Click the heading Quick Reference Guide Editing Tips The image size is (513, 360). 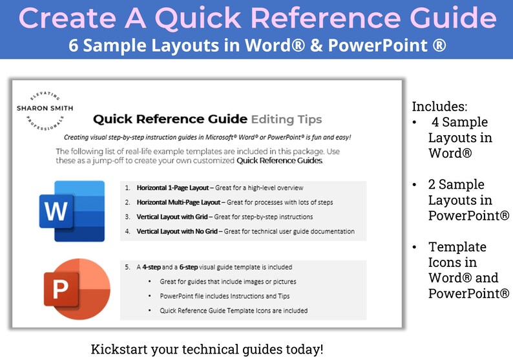pyautogui.click(x=207, y=119)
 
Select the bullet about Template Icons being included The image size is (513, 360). pyautogui.click(x=234, y=310)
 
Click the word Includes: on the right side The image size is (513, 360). pyautogui.click(x=439, y=106)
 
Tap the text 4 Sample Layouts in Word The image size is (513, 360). pyautogui.click(x=459, y=137)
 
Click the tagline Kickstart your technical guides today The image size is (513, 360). pyautogui.click(x=207, y=349)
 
